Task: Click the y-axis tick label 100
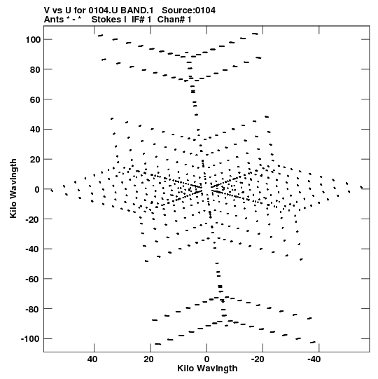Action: tap(33, 39)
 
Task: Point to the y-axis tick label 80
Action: tap(35, 69)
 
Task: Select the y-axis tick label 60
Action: tap(35, 99)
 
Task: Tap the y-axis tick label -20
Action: tap(33, 219)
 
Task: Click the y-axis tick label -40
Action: tap(33, 249)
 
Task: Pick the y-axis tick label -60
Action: tap(33, 279)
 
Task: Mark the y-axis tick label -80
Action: tap(33, 309)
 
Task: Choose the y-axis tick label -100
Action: tap(31, 339)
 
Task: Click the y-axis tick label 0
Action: tap(37, 189)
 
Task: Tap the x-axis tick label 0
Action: tap(206, 359)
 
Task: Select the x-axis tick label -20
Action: tap(258, 359)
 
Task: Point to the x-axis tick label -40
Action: tap(314, 359)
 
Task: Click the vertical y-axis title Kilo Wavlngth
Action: tap(13, 188)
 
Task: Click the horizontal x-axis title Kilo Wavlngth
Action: tap(207, 368)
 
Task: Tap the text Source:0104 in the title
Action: tap(188, 11)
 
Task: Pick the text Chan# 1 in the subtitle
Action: tap(174, 20)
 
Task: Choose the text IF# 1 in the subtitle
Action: tap(141, 20)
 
